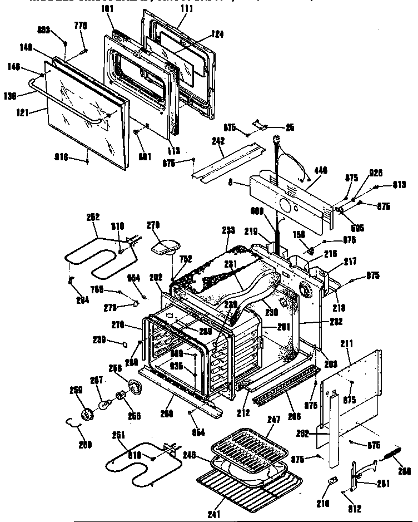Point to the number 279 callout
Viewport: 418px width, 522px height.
coord(153,225)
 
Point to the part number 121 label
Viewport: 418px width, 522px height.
coord(24,111)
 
